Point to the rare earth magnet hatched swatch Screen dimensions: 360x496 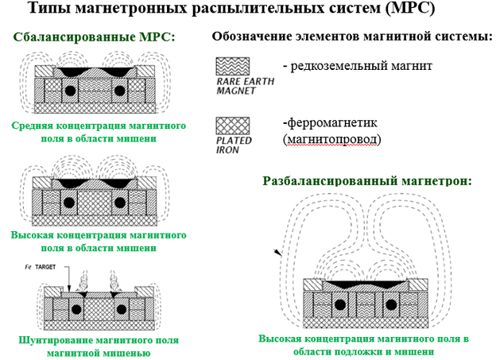click(x=233, y=67)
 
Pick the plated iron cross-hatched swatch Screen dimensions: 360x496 click(x=233, y=125)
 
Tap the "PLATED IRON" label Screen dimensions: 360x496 click(x=231, y=144)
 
